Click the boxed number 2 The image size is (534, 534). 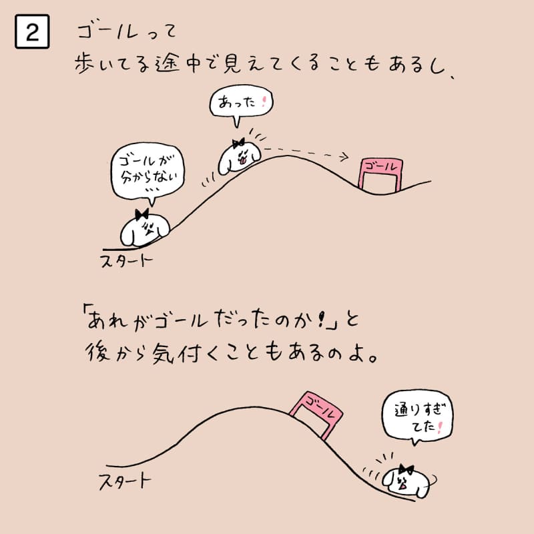(x=32, y=31)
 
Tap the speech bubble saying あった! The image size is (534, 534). (x=241, y=103)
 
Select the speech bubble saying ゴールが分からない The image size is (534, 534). (x=148, y=172)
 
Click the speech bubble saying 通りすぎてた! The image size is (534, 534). (x=418, y=417)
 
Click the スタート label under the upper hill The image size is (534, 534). (x=127, y=261)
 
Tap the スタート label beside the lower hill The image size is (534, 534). (x=125, y=481)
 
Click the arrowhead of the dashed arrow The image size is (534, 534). (x=344, y=156)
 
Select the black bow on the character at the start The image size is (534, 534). (x=142, y=214)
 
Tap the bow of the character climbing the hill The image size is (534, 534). (x=238, y=143)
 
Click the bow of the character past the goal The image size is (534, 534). (x=406, y=470)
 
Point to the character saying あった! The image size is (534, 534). (x=239, y=158)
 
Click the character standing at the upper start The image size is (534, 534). (x=145, y=228)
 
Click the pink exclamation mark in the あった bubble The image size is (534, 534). (x=263, y=102)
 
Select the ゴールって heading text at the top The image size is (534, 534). (x=127, y=31)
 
